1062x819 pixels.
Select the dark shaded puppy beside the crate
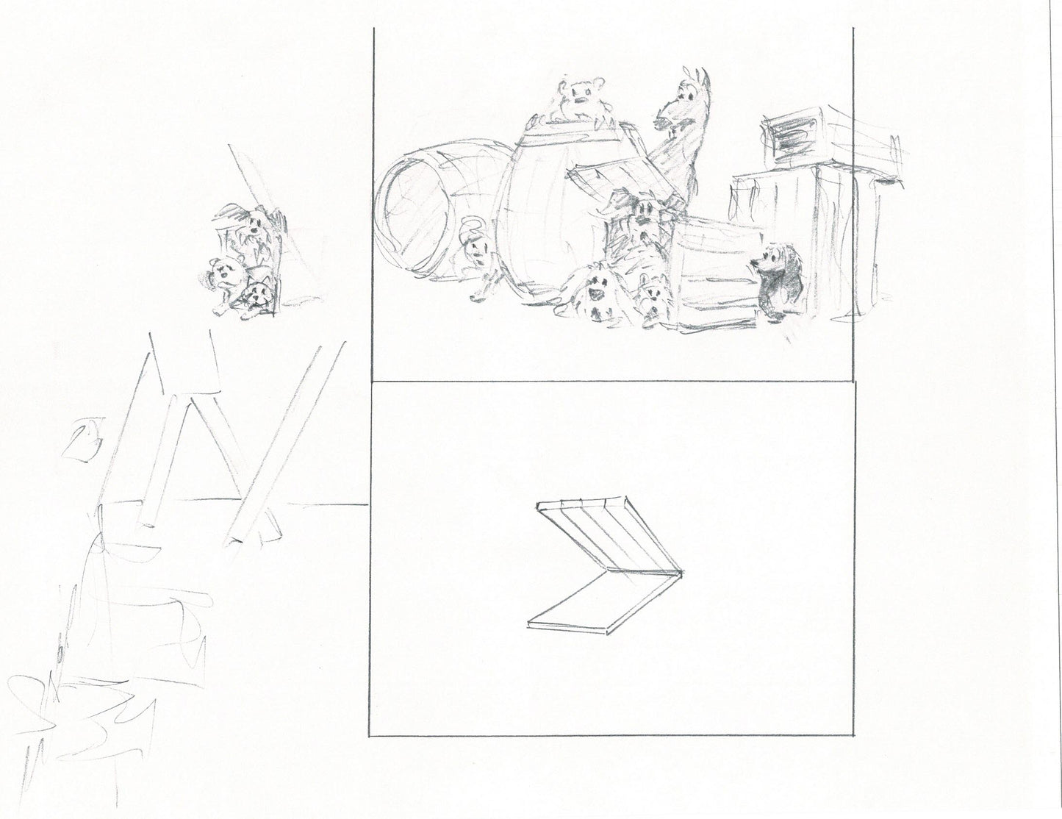[772, 279]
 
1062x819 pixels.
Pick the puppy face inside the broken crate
[645, 212]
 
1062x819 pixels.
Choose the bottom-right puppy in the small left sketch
[257, 298]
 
